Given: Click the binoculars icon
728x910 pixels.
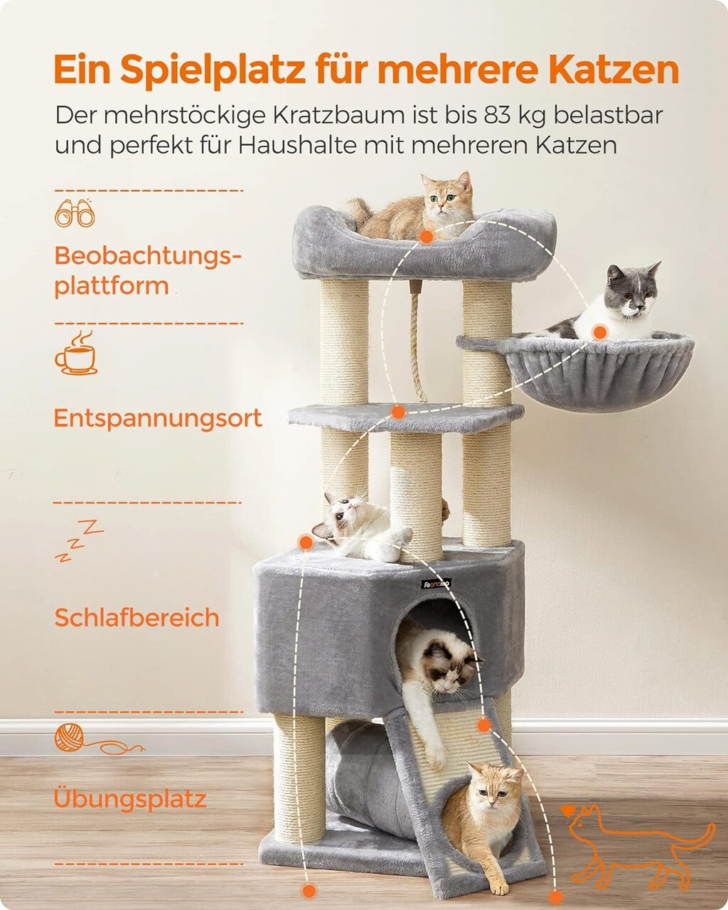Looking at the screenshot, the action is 75,213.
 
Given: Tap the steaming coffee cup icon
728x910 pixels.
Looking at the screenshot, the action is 76,353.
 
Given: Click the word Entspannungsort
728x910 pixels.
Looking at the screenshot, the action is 158,419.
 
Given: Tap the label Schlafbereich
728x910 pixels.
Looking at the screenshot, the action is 136,617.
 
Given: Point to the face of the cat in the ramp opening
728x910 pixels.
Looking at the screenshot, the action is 492,793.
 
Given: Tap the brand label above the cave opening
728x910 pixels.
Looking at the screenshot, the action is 436,584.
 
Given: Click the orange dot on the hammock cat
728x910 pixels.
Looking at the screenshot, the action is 599,333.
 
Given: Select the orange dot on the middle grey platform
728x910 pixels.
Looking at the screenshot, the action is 397,412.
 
